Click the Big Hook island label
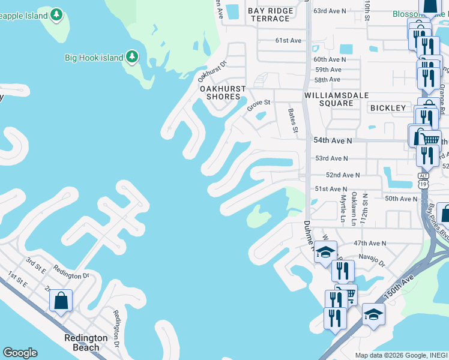click(x=93, y=58)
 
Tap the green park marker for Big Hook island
click(x=132, y=58)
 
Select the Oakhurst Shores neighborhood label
click(x=223, y=93)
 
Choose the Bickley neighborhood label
click(x=388, y=108)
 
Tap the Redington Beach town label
click(x=86, y=343)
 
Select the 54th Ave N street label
click(x=332, y=140)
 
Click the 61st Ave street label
click(x=288, y=40)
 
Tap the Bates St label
click(x=293, y=121)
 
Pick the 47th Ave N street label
click(x=370, y=244)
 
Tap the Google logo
click(x=20, y=353)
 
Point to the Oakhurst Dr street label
click(x=213, y=72)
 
